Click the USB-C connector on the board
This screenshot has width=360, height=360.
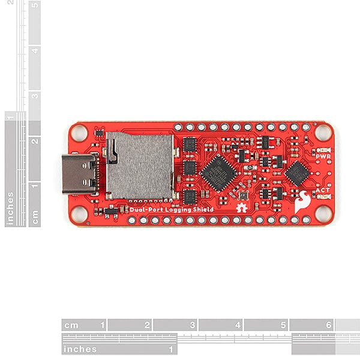[79, 174]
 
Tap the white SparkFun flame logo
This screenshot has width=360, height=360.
[303, 202]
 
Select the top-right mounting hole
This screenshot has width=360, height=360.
[323, 132]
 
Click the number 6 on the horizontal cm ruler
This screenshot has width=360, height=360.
[329, 325]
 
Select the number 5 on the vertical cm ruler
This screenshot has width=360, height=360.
[35, 6]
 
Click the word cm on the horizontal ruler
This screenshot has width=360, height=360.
[72, 325]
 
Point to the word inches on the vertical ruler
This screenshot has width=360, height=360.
[10, 208]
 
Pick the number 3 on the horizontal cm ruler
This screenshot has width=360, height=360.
[192, 325]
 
